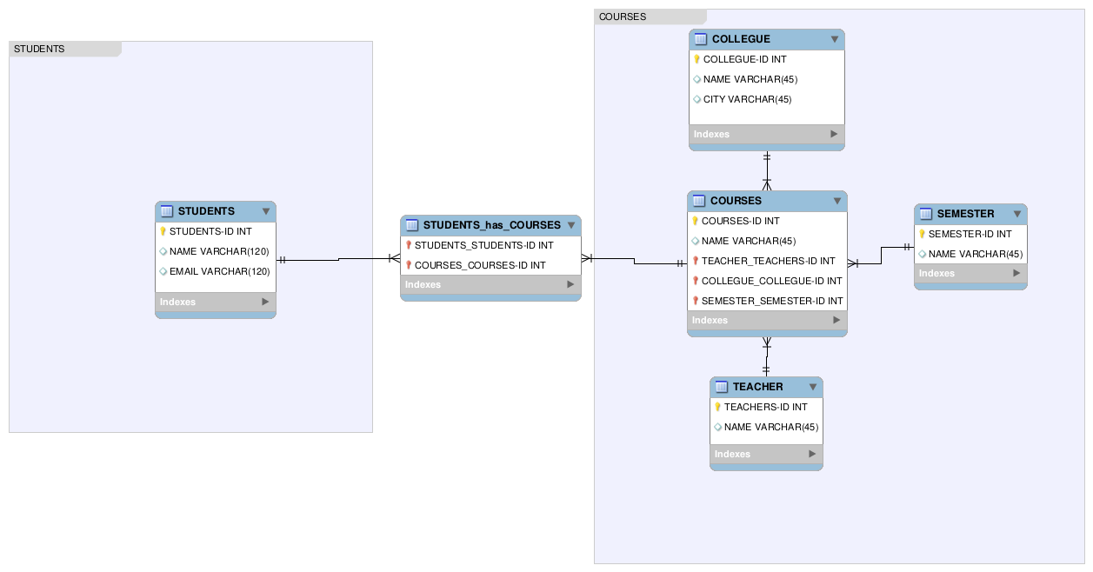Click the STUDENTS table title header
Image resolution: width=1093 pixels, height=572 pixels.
coord(206,211)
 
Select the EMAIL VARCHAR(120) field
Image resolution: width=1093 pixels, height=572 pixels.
coord(219,271)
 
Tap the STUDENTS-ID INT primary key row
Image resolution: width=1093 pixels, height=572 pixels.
coord(210,231)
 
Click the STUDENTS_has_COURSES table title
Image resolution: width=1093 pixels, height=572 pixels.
coord(491,225)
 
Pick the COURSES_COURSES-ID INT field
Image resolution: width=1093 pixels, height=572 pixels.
coord(480,265)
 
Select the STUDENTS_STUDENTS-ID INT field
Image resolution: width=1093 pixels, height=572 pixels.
coord(483,245)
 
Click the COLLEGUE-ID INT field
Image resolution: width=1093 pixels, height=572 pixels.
coord(744,59)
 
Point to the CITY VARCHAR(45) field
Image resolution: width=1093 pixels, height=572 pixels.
coord(747,99)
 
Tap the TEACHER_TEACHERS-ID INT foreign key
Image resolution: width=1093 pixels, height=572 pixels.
coord(768,261)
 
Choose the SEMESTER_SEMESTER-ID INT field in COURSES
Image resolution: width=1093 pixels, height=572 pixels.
coord(772,301)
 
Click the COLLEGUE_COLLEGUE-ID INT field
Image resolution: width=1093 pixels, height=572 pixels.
coord(771,281)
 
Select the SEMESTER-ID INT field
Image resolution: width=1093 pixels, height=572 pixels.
coord(970,234)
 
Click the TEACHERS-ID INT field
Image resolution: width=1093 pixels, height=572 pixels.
coord(765,407)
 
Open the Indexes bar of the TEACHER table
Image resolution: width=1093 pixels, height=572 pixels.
coord(766,454)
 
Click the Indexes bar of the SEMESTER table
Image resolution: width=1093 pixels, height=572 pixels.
coord(970,273)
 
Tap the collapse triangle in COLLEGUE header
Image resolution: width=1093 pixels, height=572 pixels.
coord(835,39)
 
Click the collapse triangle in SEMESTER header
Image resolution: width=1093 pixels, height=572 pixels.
coord(1016,214)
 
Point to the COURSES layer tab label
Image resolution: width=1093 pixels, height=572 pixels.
coord(623,17)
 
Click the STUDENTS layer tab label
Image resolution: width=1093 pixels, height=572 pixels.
coord(39,49)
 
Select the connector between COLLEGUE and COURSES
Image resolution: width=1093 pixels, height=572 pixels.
coord(767,170)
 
